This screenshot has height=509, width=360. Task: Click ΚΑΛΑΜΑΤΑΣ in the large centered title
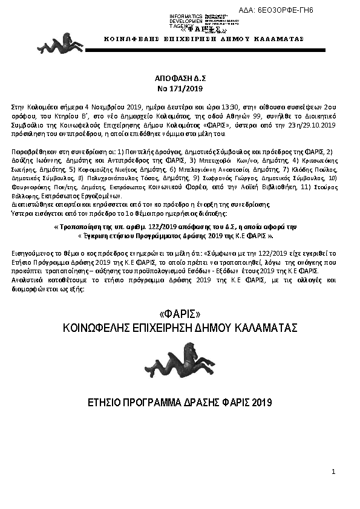(x=270, y=328)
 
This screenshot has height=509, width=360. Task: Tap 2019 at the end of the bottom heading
(x=261, y=402)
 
